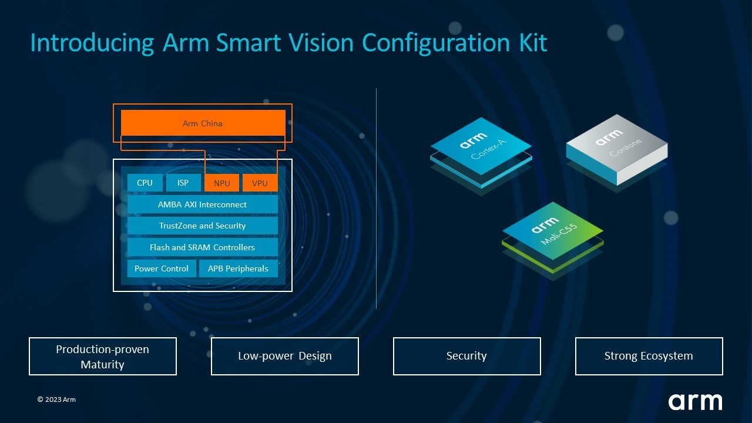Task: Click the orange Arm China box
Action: point(203,123)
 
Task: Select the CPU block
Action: point(145,183)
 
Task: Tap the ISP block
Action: point(183,183)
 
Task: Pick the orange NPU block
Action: point(222,183)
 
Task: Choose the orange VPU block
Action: point(260,183)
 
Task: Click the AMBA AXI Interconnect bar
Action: point(202,204)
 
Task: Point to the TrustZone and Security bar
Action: point(202,226)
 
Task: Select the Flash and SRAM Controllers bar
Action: point(202,247)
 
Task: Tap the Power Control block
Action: point(162,268)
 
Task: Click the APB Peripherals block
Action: point(238,268)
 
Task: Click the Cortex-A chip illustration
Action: point(481,150)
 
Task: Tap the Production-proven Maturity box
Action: point(103,356)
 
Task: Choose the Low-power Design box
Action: point(285,356)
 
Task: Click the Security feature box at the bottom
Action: point(466,356)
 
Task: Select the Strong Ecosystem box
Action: point(649,356)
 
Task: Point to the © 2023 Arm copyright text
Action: point(56,399)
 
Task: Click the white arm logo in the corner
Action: point(695,401)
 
